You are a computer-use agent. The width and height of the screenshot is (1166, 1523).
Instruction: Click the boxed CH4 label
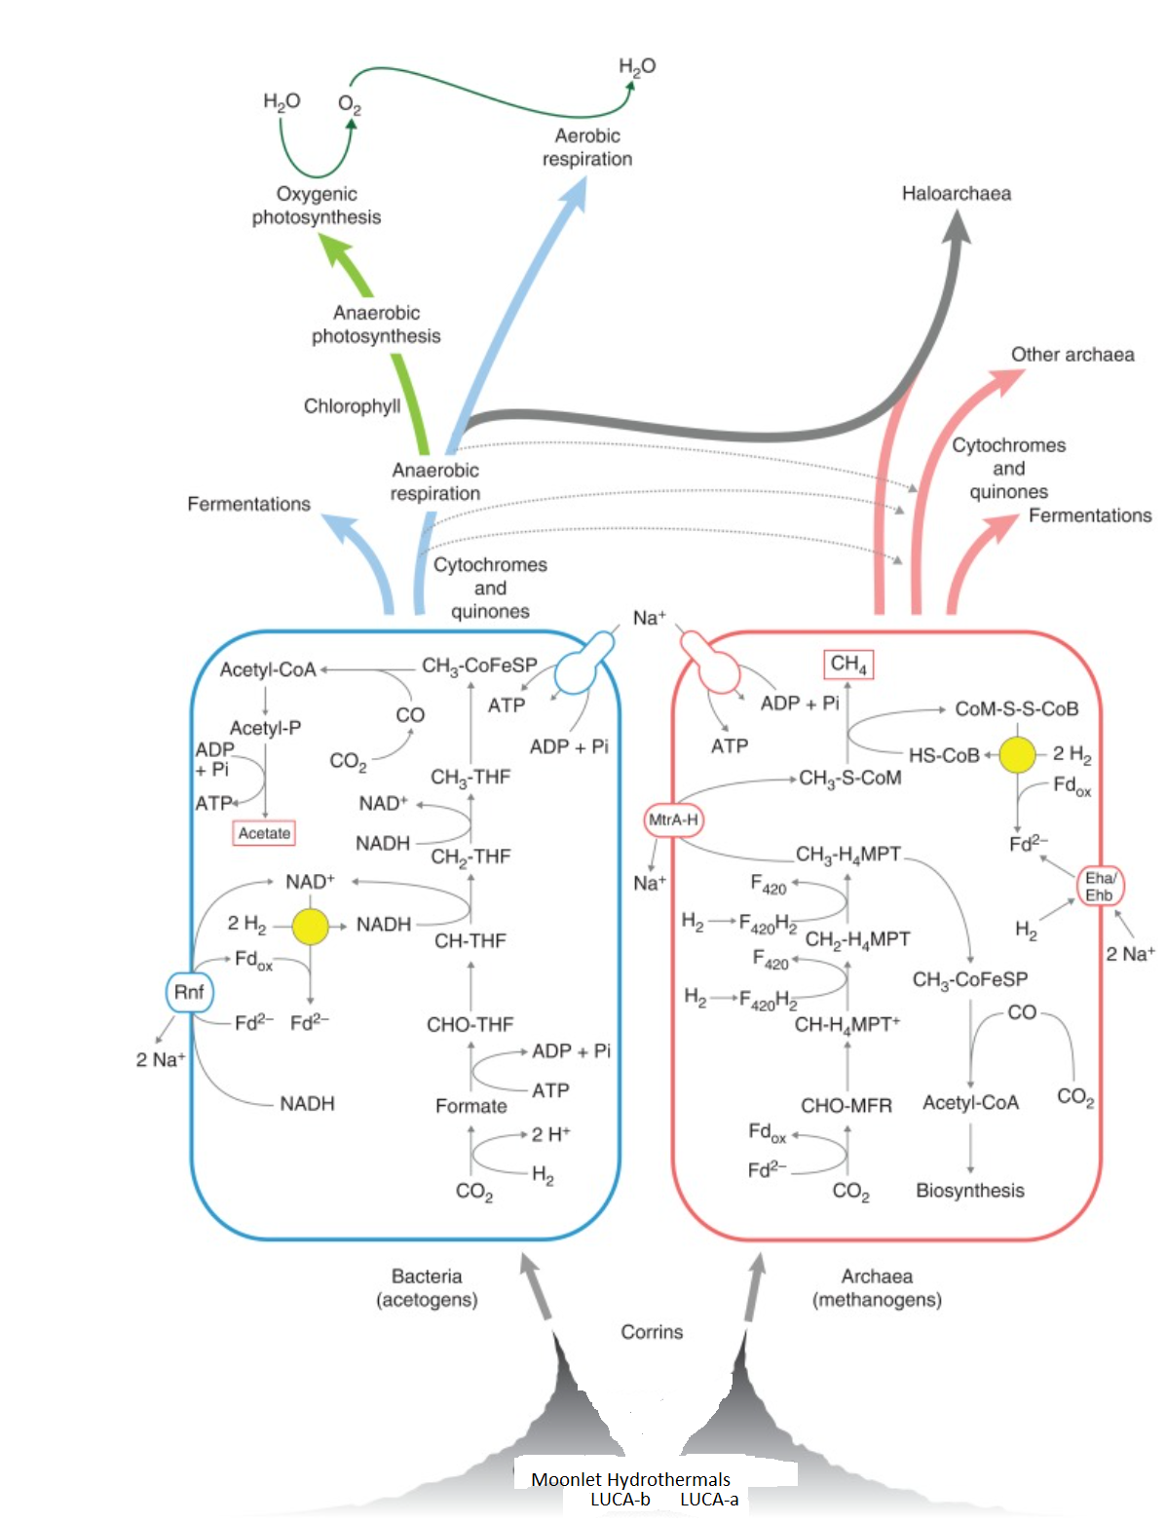pos(848,665)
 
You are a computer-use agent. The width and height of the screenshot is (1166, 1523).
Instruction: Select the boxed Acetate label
pos(264,833)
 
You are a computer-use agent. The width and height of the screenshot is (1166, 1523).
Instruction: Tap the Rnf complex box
pos(189,992)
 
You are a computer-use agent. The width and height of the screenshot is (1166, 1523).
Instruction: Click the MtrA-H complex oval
pos(673,819)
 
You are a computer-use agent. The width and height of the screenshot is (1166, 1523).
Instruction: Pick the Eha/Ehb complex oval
pos(1100,886)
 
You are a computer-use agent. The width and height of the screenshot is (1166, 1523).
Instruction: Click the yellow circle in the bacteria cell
pos(310,926)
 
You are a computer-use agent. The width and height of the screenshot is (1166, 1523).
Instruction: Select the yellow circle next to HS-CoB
pos(1018,754)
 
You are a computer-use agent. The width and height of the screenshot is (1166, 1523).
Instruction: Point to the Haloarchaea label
pos(956,194)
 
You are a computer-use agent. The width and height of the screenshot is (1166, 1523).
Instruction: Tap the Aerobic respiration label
pos(587,147)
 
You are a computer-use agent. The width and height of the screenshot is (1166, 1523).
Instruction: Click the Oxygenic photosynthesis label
pos(317,206)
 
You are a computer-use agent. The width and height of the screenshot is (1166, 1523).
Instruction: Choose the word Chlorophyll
pos(352,406)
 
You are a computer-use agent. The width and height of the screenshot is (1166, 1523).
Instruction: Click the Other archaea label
pos(1072,355)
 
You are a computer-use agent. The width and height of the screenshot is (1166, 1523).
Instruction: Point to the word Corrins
pos(652,1332)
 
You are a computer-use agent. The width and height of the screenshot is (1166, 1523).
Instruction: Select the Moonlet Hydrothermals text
pos(630,1479)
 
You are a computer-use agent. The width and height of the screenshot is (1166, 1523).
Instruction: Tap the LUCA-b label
pos(621,1500)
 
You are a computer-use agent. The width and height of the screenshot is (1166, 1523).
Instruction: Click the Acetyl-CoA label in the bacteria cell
pos(268,669)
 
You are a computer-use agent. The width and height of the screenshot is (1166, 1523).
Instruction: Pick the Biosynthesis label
pos(970,1190)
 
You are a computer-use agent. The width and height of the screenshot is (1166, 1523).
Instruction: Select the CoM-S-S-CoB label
pos(1016,709)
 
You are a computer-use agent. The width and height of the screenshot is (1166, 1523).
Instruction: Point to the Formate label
pos(471,1106)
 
